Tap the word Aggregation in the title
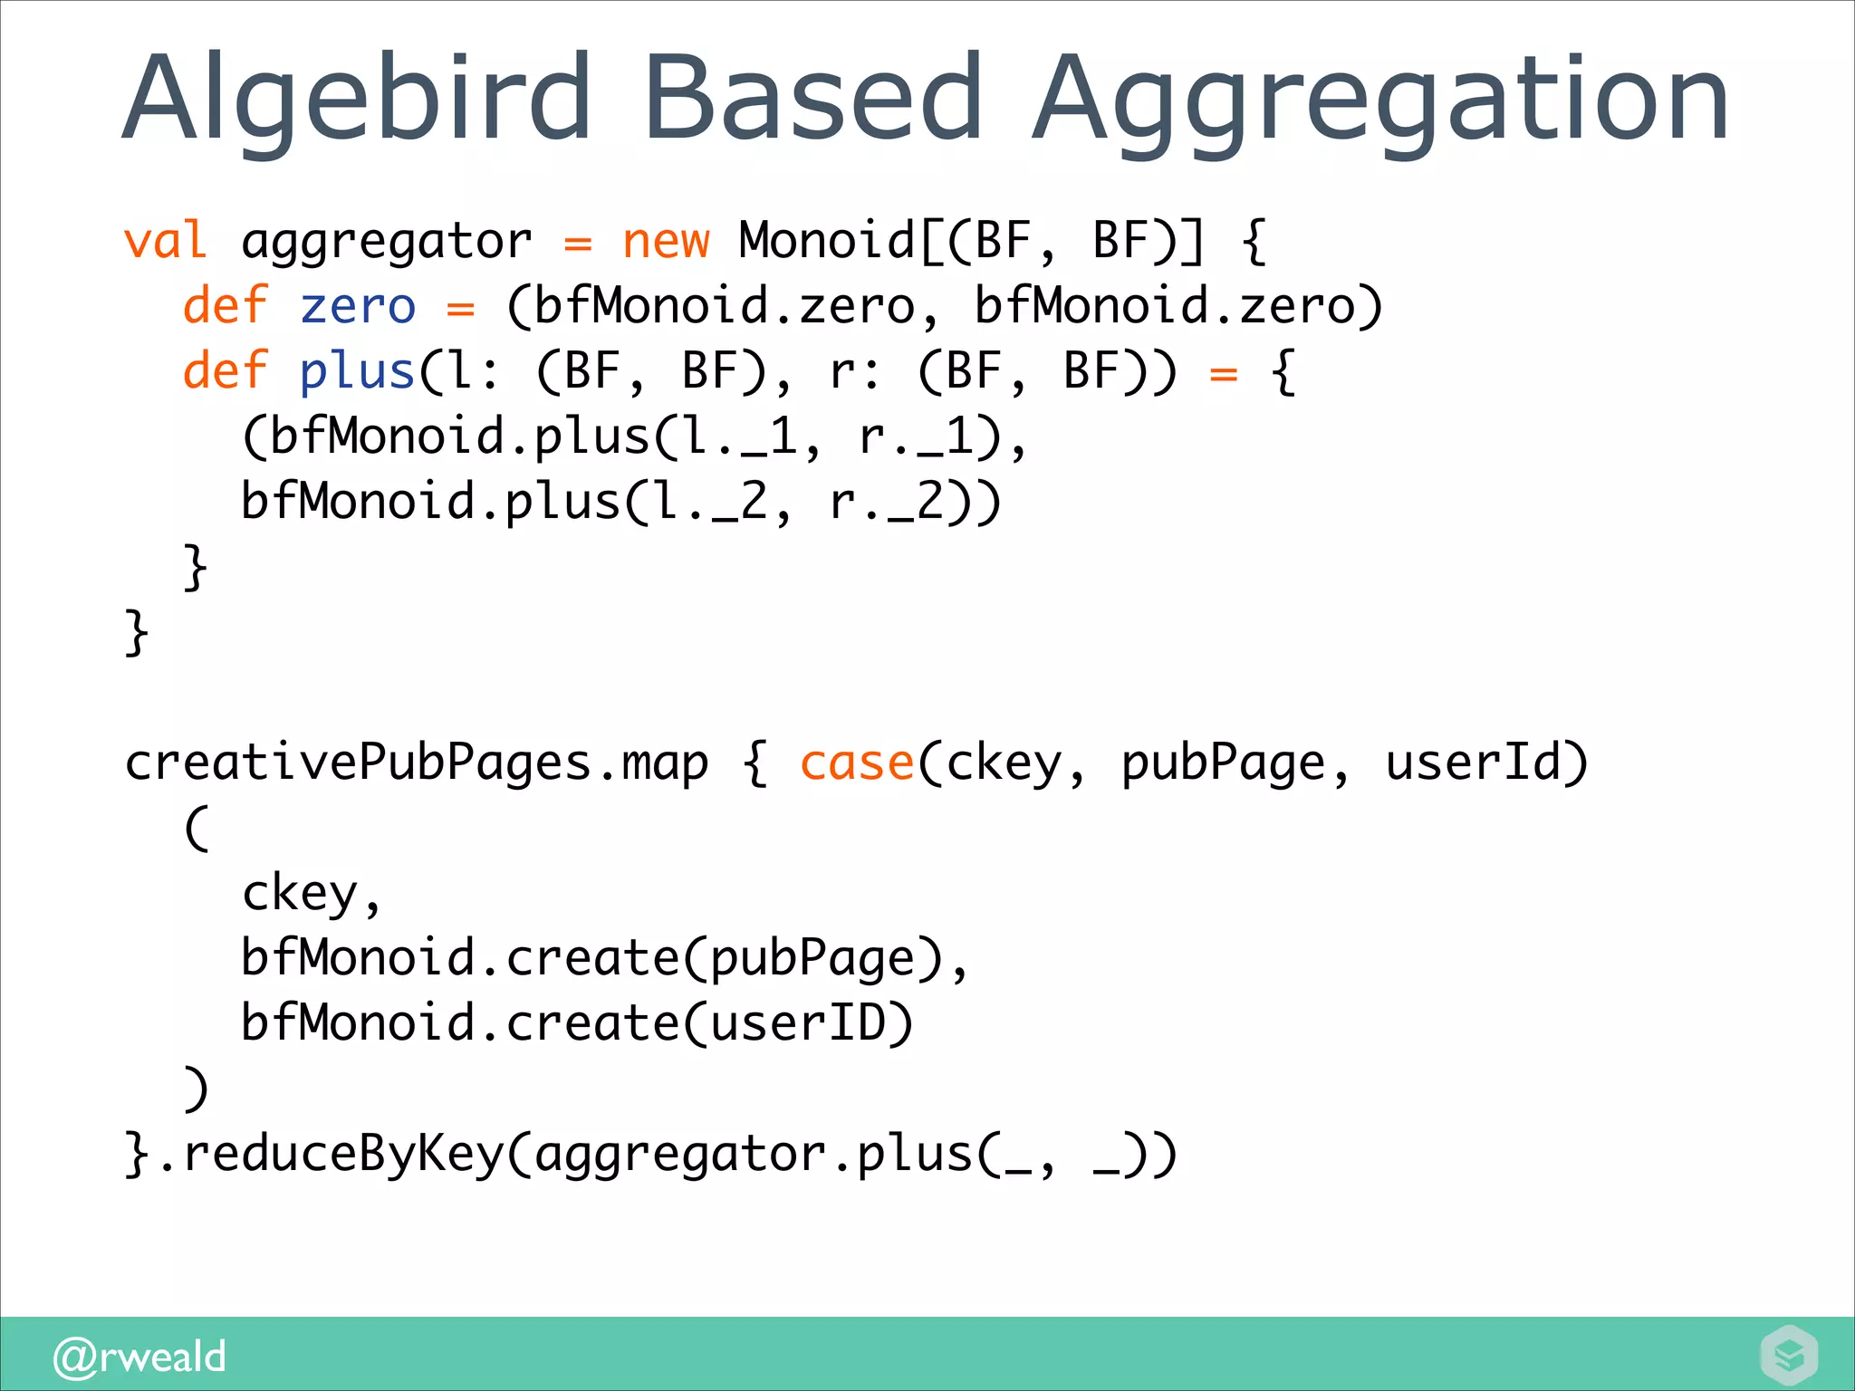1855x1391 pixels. (1380, 100)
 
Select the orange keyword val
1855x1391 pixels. (165, 241)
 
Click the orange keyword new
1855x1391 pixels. (666, 241)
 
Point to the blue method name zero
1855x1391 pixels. (357, 306)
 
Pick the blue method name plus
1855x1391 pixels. (357, 371)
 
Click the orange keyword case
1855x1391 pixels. (856, 763)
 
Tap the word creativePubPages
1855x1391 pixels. (357, 763)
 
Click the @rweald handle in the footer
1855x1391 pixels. (140, 1357)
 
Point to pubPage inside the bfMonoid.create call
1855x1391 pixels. (812, 958)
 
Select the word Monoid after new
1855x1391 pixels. (826, 241)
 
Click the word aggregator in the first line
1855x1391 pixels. (387, 241)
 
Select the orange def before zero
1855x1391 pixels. (225, 306)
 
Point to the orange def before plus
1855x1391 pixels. (225, 371)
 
